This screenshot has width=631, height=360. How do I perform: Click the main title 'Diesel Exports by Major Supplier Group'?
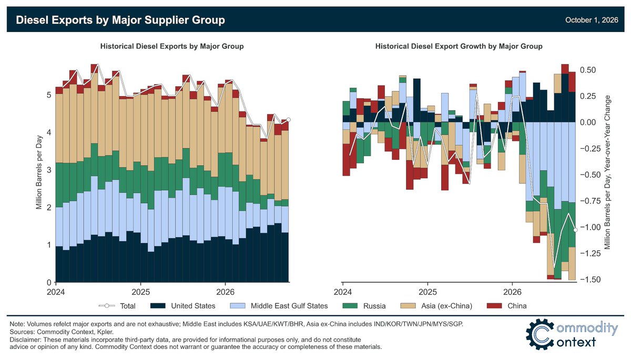point(120,20)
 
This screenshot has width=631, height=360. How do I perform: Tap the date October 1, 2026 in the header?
point(592,20)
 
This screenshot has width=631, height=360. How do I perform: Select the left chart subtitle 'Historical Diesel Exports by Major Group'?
point(172,46)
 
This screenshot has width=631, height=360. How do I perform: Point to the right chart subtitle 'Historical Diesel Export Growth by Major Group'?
point(459,46)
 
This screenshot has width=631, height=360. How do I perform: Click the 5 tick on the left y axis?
point(49,95)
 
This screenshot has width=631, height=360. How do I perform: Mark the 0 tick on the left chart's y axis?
point(49,282)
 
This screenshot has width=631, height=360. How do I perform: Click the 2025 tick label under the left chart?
point(140,292)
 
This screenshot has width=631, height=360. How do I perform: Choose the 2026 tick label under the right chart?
point(512,292)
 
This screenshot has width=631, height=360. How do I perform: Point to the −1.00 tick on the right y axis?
point(590,227)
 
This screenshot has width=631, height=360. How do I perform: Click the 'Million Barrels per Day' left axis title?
point(39,172)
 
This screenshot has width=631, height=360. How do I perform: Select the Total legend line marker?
point(107,306)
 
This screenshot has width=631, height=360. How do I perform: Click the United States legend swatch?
point(158,306)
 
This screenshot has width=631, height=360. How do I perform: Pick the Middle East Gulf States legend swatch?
point(238,306)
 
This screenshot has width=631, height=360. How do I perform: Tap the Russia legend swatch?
point(350,306)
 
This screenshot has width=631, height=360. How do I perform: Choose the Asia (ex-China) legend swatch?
point(408,306)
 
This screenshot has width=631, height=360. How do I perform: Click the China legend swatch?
point(494,306)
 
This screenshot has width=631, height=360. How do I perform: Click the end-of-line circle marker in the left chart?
point(288,120)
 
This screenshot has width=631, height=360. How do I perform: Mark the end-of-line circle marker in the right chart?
point(575,230)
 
